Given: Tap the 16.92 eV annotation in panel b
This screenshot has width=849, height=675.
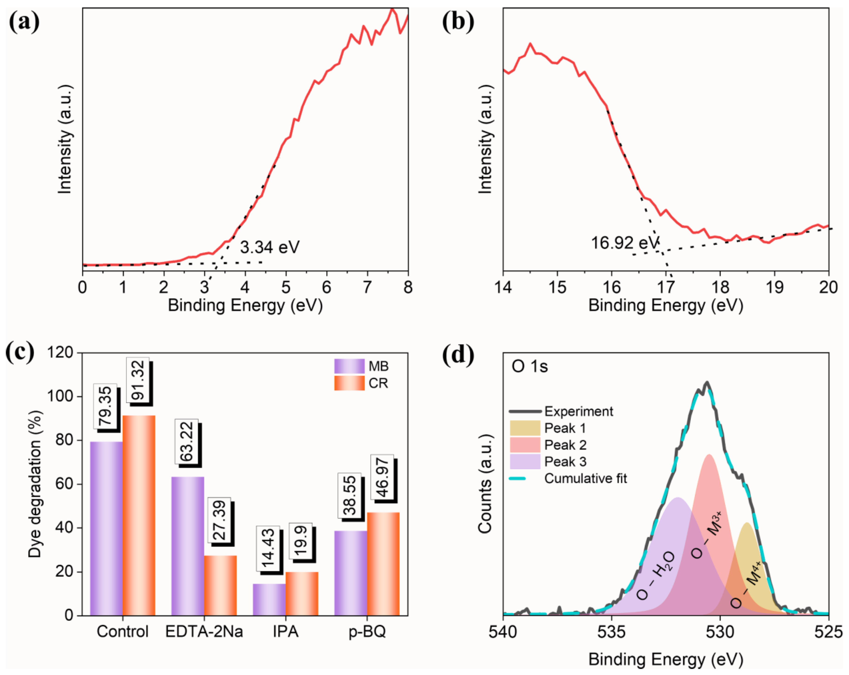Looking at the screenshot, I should pyautogui.click(x=624, y=243).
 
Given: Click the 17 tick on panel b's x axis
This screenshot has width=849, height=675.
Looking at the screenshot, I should pyautogui.click(x=666, y=287).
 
